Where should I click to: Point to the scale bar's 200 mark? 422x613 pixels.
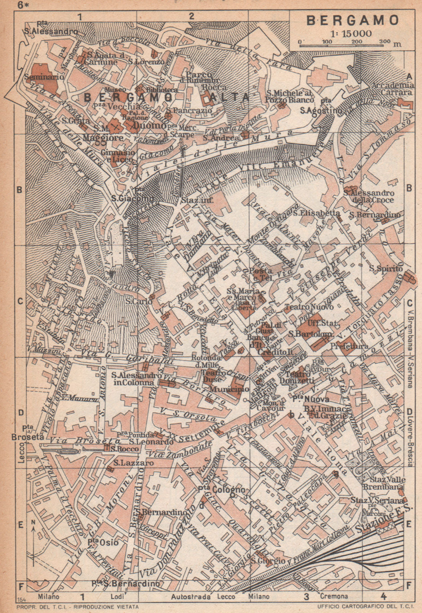coord(357,41)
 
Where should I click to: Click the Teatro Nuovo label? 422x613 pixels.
coord(309,307)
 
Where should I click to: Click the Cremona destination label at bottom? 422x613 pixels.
coord(334,597)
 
